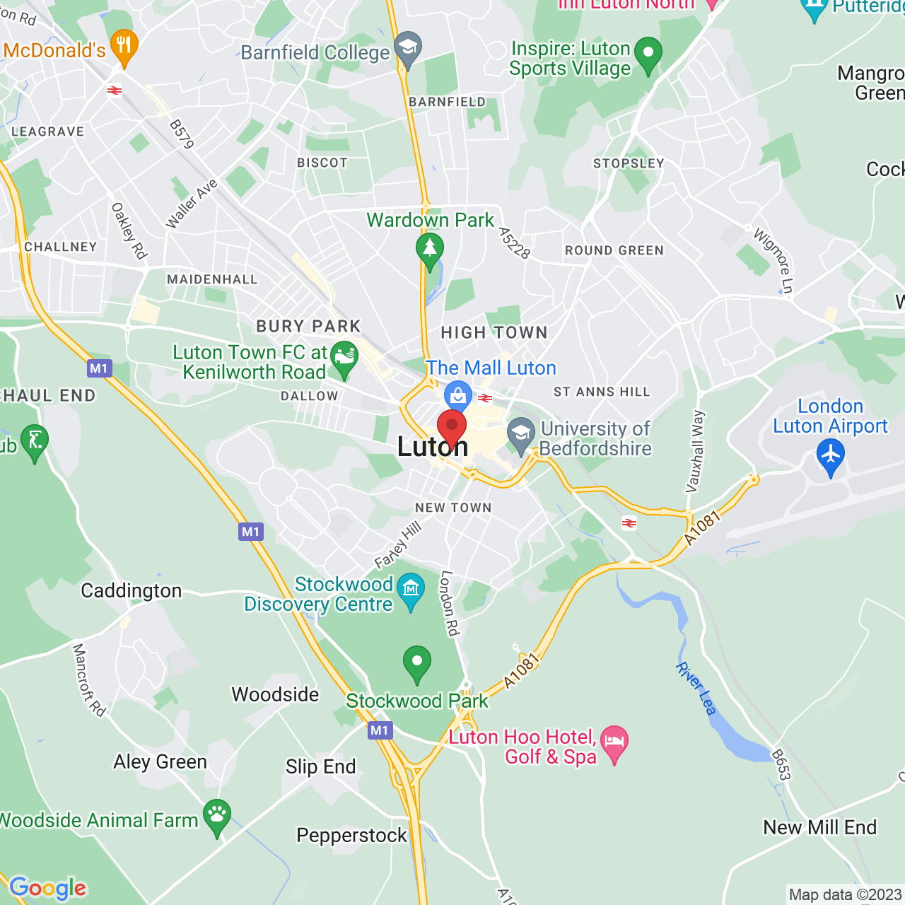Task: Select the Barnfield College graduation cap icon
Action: click(x=408, y=48)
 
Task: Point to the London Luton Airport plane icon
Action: click(x=830, y=454)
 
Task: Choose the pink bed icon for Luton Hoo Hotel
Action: click(x=614, y=742)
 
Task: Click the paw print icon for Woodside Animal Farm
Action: click(x=217, y=815)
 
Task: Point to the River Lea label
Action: click(x=696, y=689)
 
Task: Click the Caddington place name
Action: click(x=131, y=591)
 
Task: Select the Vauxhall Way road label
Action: click(x=696, y=451)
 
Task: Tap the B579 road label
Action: click(x=182, y=134)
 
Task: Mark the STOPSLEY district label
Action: click(x=629, y=163)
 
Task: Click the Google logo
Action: click(x=48, y=888)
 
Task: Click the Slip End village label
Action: click(x=321, y=767)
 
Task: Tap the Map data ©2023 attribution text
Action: click(x=845, y=895)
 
